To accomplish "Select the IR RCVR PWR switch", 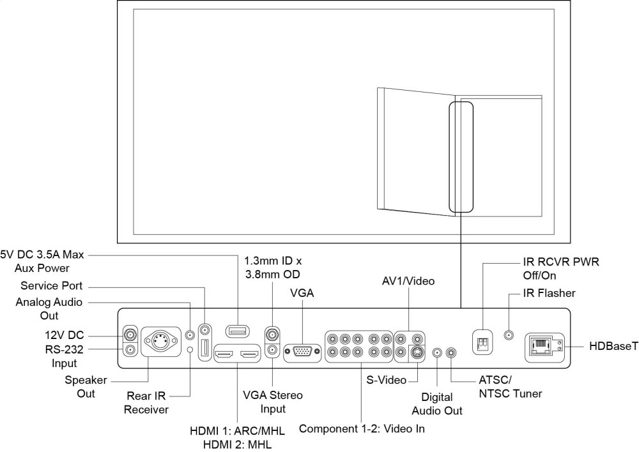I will [481, 343].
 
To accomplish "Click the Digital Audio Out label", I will [437, 403].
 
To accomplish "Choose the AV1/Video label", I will [408, 282].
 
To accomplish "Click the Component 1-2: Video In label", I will [362, 429].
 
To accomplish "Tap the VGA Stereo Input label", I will [273, 402].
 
